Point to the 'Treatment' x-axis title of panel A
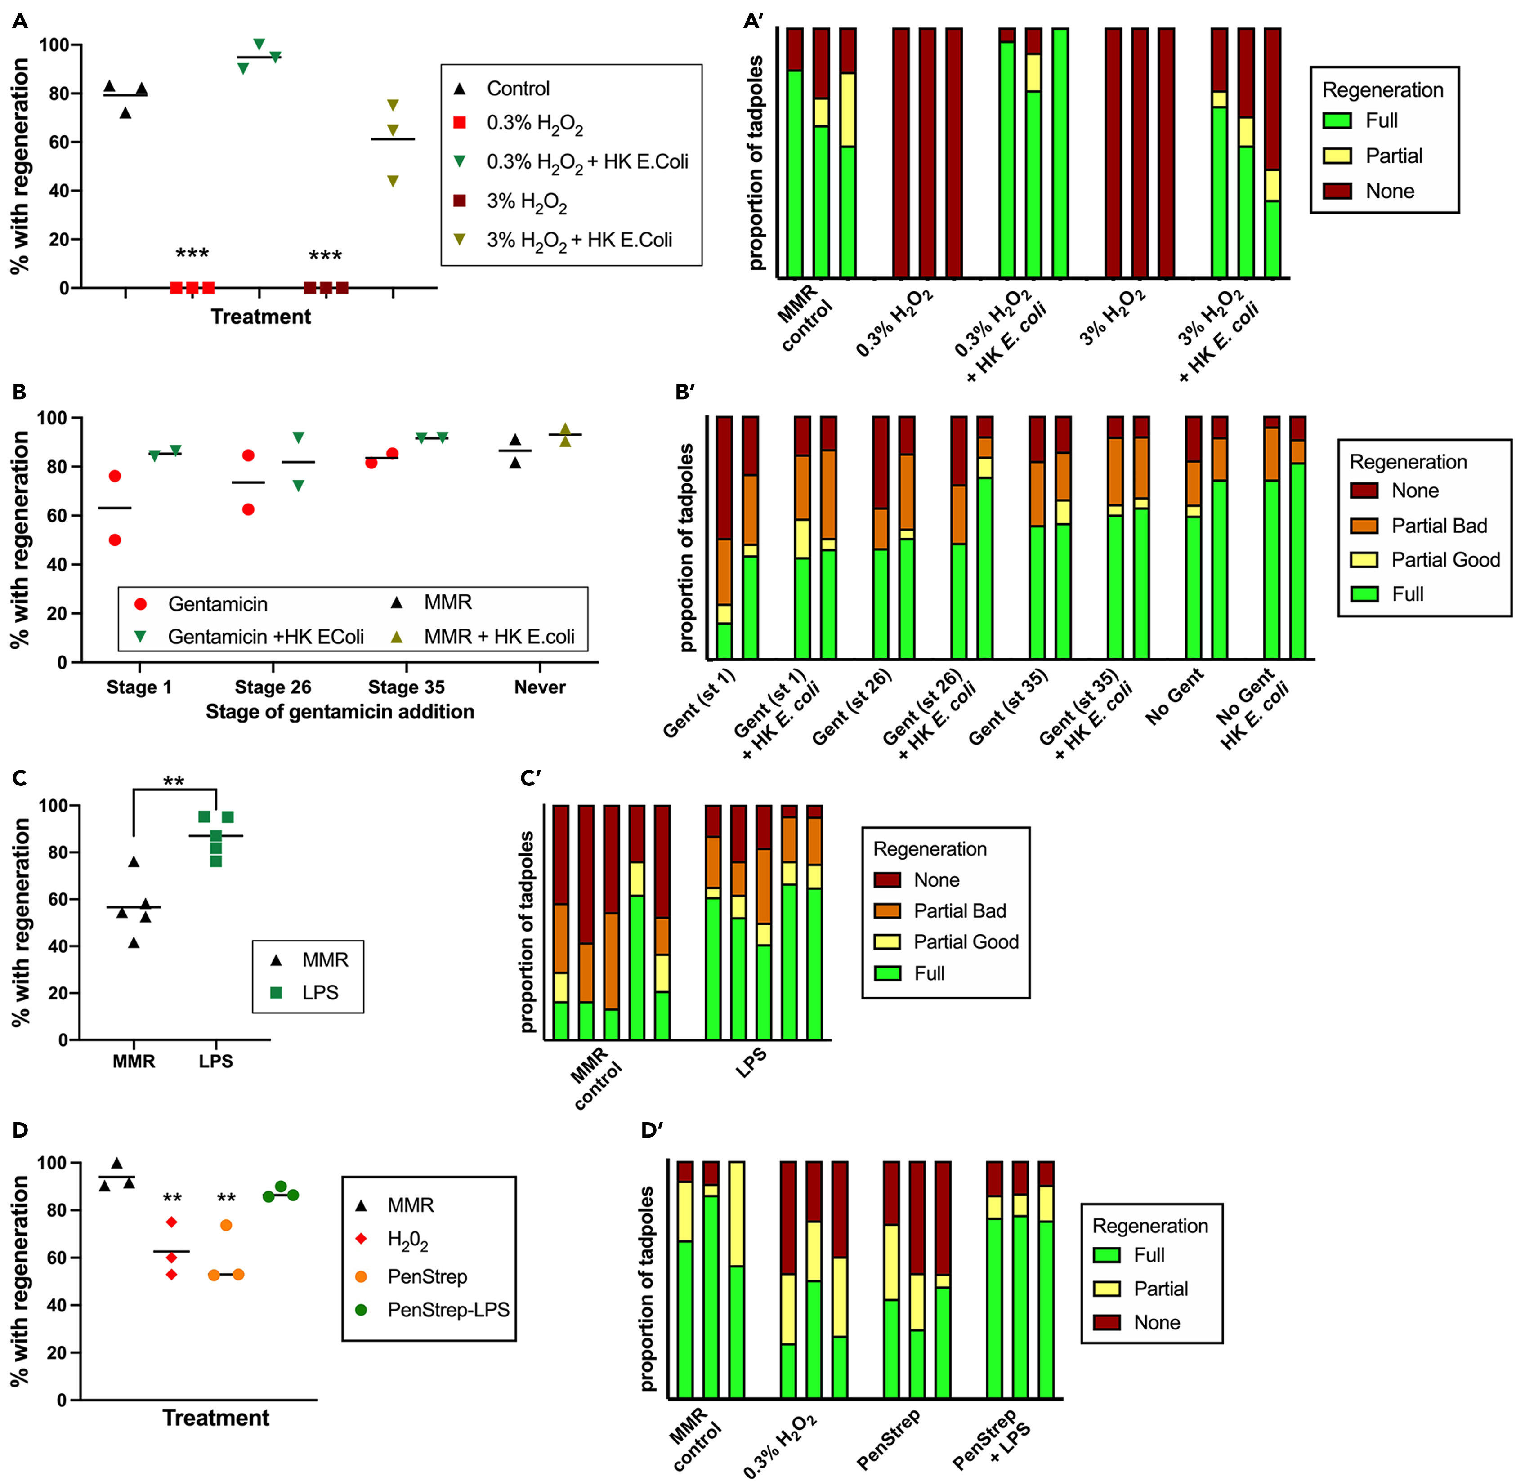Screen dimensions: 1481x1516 coord(260,317)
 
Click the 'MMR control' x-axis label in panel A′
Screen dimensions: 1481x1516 coord(805,317)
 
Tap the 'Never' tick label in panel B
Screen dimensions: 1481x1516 coord(539,687)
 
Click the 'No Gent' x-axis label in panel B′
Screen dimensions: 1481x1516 coord(1175,696)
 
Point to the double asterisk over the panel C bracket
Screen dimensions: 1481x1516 coord(174,781)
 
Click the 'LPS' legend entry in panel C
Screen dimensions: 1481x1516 coord(320,993)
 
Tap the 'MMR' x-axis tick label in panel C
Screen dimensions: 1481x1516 coord(134,1061)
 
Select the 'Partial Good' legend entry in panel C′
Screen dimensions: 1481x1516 coord(965,942)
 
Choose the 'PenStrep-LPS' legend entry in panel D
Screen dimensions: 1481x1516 coord(448,1310)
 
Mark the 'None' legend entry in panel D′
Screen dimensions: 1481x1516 coord(1156,1322)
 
